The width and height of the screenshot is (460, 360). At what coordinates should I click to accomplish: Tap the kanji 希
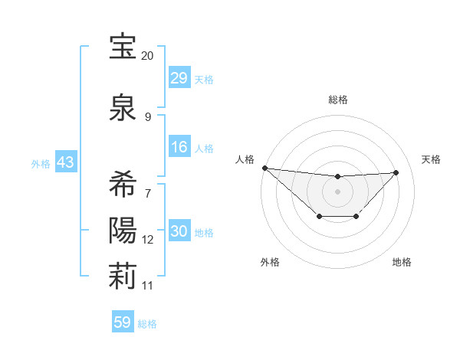point(123,185)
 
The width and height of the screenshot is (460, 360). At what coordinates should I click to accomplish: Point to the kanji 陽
point(123,230)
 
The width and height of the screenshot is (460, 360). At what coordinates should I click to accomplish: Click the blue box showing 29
point(179,78)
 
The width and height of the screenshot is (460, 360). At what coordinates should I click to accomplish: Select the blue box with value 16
point(179,148)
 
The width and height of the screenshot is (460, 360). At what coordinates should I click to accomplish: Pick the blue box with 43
point(65,163)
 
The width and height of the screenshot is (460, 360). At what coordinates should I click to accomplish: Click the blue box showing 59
point(123,322)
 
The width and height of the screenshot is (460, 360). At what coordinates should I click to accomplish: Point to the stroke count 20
point(148,56)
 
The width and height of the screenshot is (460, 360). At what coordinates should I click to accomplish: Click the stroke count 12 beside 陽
point(148,240)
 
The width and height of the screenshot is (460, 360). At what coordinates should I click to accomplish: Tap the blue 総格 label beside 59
point(148,324)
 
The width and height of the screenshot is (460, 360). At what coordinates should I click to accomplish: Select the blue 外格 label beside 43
point(41,164)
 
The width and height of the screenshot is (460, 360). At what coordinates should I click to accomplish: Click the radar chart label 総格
point(337,100)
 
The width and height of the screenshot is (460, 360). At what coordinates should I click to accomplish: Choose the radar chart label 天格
point(432,159)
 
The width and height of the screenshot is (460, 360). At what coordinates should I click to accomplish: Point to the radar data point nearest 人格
point(264,167)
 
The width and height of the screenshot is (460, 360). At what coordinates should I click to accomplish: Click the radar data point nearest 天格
point(396,172)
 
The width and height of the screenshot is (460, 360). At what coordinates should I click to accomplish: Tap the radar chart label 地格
point(402,262)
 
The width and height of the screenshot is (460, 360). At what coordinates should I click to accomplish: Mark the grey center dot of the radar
point(337,191)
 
